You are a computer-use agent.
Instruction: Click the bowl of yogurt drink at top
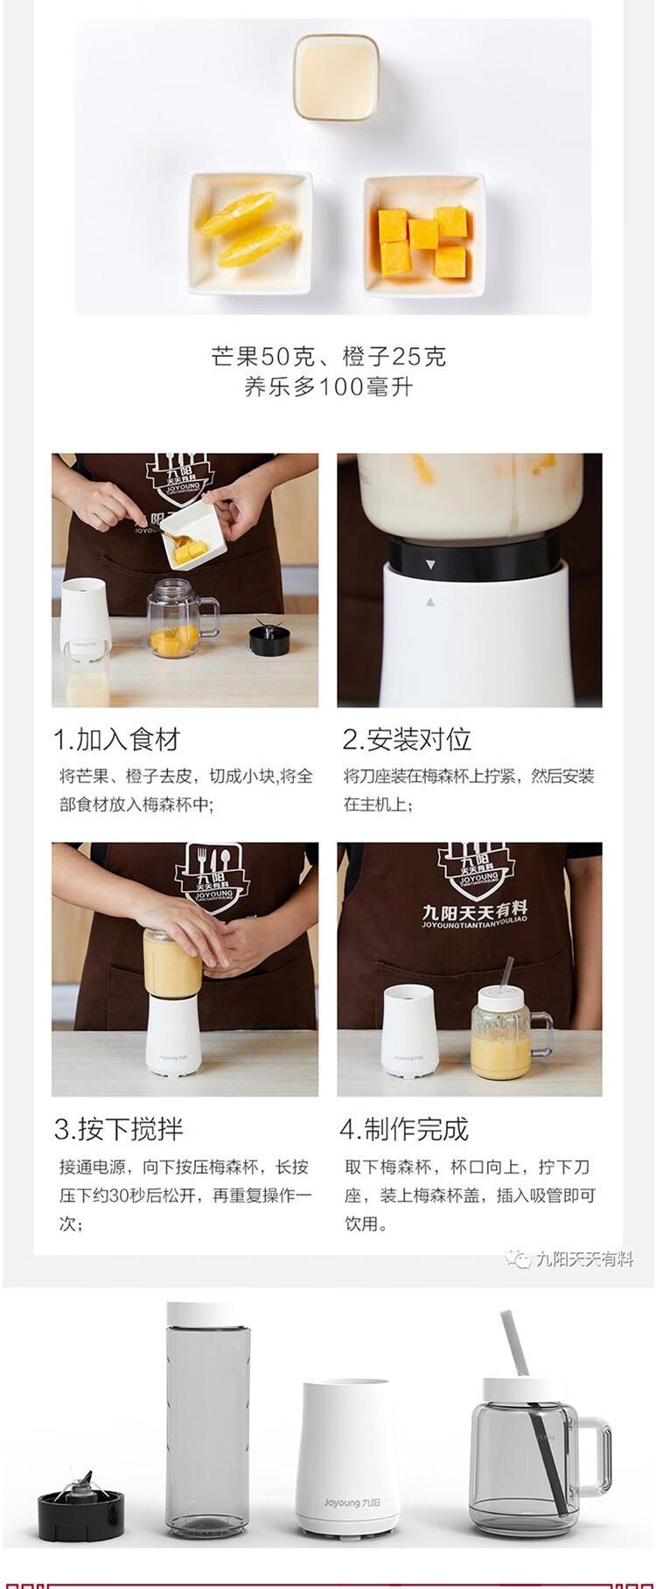335,76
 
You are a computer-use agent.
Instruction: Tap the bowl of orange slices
249,233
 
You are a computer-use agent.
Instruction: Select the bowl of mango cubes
424,233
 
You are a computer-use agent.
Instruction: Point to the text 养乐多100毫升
328,387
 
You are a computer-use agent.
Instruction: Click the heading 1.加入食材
117,740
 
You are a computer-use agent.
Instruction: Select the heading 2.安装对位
407,740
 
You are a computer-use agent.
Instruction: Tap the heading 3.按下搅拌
119,1129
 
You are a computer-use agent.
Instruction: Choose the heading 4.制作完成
404,1129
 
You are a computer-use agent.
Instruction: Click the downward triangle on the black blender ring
430,566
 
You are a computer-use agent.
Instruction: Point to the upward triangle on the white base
430,602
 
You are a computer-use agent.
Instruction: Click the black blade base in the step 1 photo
267,638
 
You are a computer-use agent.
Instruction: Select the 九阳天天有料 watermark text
584,1259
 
